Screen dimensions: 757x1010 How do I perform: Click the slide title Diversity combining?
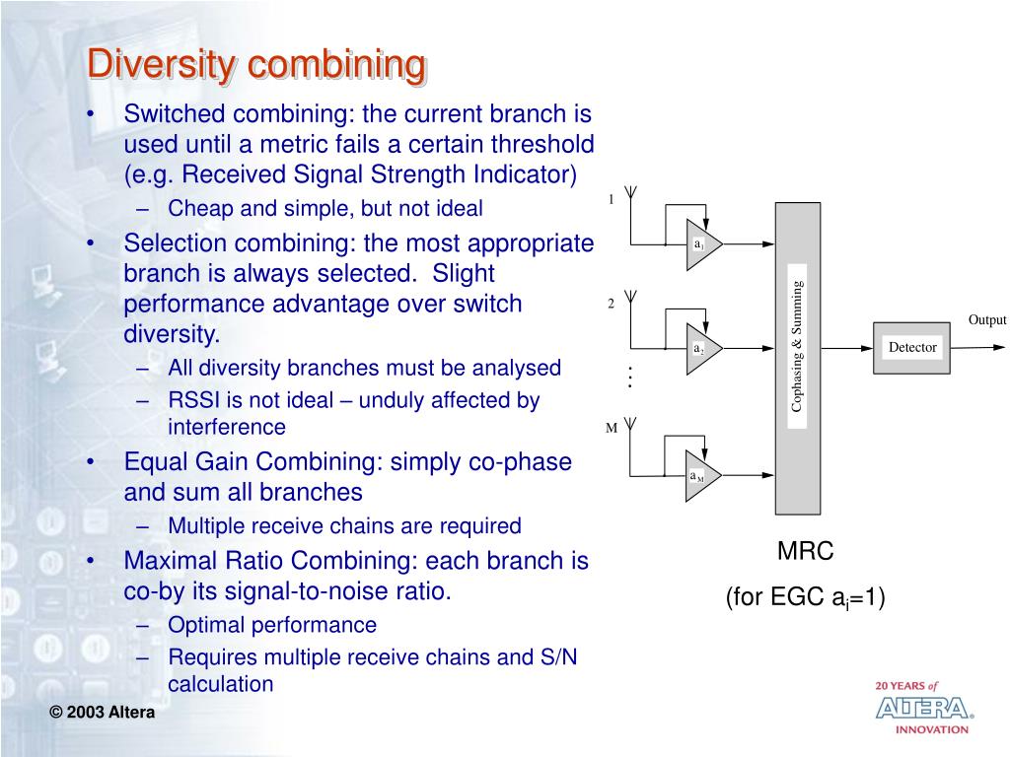pos(256,65)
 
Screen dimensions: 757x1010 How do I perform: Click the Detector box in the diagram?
pos(912,347)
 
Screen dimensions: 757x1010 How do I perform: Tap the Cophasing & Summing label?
pos(797,347)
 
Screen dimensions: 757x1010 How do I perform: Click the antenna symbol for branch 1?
pos(631,193)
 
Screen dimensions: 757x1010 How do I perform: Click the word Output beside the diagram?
pos(986,320)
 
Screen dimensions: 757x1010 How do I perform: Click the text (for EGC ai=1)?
pos(805,597)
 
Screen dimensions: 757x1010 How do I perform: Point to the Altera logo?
pos(923,708)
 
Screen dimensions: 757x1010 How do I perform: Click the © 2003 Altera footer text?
pos(104,713)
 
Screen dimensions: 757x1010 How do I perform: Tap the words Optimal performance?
pos(272,625)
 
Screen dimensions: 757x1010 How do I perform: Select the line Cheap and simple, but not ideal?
pos(325,208)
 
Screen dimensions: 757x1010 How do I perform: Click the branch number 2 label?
pos(611,304)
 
